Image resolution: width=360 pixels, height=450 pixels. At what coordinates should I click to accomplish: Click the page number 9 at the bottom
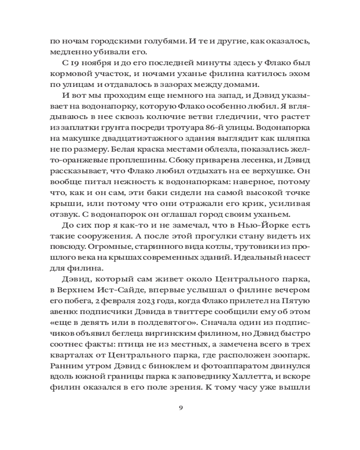[x=180, y=408]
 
